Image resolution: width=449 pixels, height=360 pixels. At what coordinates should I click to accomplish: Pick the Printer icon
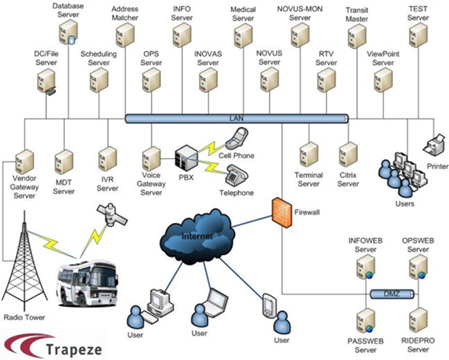point(436,147)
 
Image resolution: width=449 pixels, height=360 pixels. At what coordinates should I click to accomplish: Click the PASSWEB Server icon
point(365,322)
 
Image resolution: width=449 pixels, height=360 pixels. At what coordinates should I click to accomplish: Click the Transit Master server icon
point(356,35)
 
